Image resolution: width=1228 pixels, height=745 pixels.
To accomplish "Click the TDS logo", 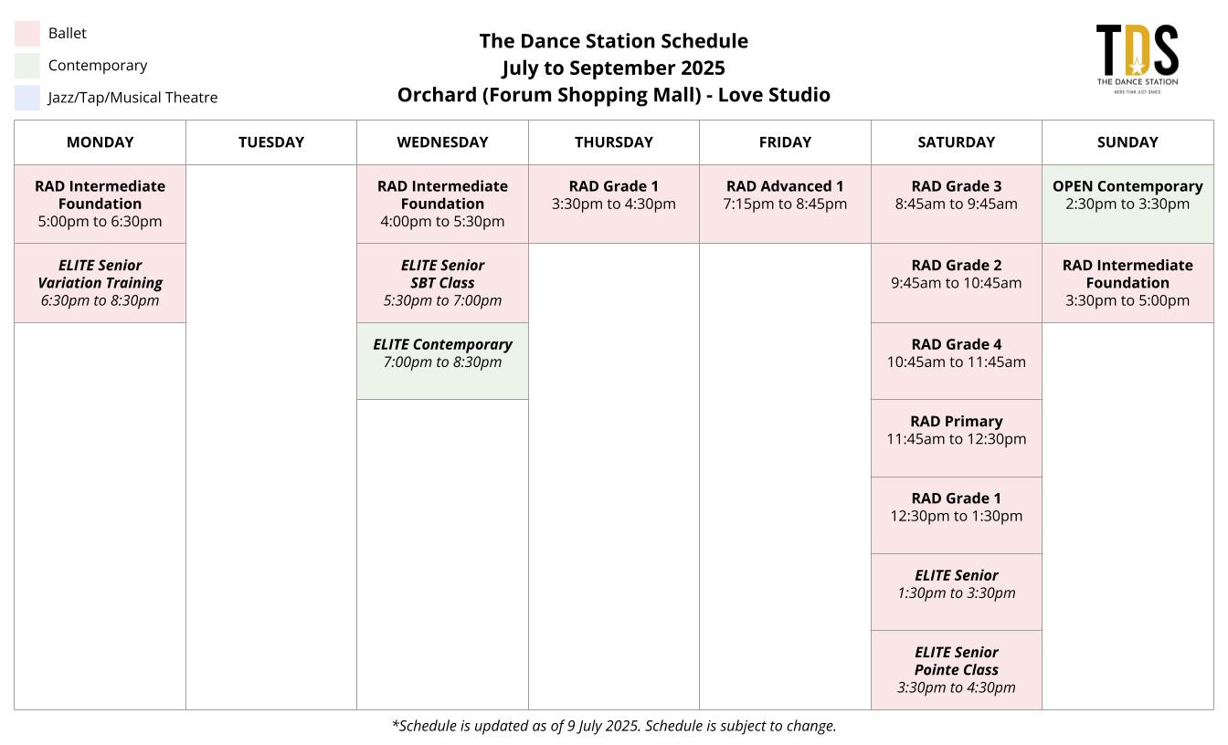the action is [1137, 58].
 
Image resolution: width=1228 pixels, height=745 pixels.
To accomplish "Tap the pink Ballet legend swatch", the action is [26, 34].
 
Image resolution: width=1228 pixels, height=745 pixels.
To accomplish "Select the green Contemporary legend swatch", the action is [26, 66].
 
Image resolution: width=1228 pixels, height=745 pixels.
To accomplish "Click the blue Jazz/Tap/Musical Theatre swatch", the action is [26, 98].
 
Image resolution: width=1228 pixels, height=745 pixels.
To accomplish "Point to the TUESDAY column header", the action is [270, 142].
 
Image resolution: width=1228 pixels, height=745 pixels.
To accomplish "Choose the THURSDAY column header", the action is [613, 142].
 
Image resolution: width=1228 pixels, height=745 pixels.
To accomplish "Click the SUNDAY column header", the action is [1127, 142].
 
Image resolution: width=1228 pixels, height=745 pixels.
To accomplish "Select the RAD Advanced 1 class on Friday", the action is [785, 204].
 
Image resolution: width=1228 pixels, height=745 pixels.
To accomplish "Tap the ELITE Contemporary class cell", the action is [442, 361].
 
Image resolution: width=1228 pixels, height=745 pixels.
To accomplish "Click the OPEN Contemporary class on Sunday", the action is [1127, 204].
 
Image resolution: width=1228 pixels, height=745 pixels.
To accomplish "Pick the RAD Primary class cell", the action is [956, 438].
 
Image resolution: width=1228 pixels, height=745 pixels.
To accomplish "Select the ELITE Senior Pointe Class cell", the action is [956, 670].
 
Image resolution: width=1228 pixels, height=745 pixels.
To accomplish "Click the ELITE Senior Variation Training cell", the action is [100, 283].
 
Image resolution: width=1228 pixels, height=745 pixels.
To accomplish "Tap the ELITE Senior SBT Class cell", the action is [442, 283].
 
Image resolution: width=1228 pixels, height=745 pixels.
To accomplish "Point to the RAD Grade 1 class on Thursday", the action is [613, 204].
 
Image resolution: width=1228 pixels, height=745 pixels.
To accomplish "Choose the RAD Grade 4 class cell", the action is [956, 361].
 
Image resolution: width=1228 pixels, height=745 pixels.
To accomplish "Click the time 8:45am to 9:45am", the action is [956, 205].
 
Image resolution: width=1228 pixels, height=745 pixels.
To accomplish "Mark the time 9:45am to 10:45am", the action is [956, 283].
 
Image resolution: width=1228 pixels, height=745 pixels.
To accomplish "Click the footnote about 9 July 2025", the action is [614, 726].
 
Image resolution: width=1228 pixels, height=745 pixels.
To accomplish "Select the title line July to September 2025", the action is [613, 68].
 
